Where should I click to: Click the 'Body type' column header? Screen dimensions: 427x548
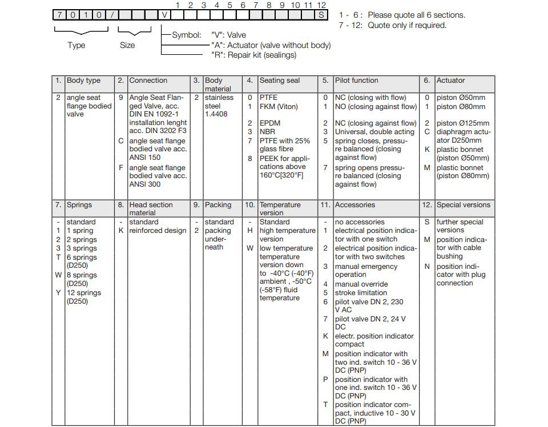(83, 80)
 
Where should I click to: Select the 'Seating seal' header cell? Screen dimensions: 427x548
(279, 80)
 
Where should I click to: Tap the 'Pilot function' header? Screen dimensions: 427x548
(356, 80)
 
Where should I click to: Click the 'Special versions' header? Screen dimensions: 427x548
(463, 205)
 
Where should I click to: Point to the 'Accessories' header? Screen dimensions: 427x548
(354, 205)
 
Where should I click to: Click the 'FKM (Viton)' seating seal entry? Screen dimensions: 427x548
(279, 107)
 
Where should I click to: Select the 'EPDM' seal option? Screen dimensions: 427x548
(269, 123)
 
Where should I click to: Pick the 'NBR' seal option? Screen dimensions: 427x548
(267, 132)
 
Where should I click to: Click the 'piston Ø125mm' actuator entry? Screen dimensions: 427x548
(462, 123)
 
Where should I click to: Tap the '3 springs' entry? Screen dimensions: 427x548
(82, 248)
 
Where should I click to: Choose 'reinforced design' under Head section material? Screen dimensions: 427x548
(158, 231)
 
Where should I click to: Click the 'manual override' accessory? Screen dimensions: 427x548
(361, 284)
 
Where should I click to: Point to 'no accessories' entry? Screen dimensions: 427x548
(360, 222)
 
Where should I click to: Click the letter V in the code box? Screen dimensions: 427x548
(165, 15)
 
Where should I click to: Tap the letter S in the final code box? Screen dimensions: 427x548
(322, 15)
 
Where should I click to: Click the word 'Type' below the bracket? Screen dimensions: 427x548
(76, 45)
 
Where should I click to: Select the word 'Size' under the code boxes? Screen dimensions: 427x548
(127, 45)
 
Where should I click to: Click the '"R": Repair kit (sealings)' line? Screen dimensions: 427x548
(253, 55)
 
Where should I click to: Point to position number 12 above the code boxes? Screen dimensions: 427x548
(321, 5)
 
